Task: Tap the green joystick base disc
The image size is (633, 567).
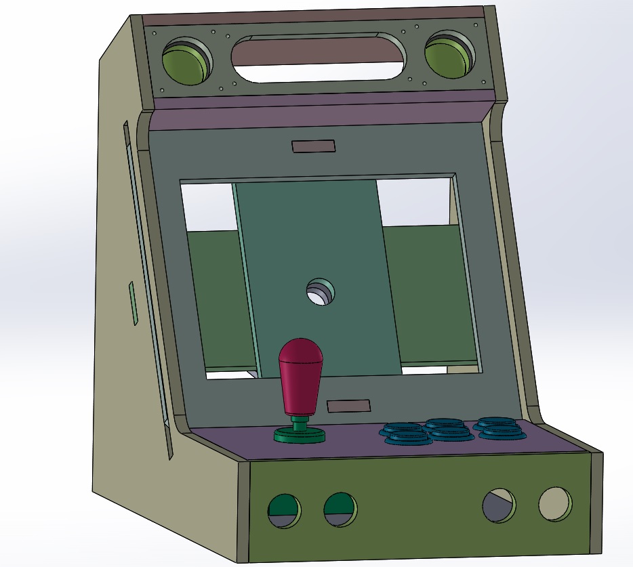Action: coord(299,435)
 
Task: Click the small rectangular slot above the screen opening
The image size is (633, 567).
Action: coord(313,146)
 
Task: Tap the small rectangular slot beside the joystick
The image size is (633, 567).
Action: coord(348,406)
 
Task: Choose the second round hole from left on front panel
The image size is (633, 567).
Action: coord(340,509)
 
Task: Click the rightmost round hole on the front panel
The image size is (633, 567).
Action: coord(555,504)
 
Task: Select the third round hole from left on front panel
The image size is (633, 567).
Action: coord(498,505)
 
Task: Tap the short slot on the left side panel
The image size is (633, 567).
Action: coord(134,303)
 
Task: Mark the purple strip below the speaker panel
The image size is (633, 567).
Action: coord(319,114)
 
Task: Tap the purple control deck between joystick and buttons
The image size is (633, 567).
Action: coord(352,440)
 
